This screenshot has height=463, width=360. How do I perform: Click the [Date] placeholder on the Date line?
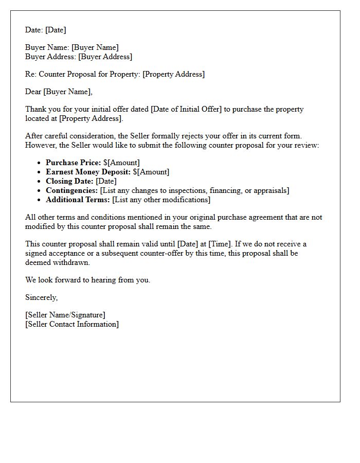(x=56, y=30)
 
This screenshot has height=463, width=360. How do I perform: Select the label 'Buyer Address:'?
(x=50, y=57)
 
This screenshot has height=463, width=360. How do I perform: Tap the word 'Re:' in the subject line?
(x=31, y=74)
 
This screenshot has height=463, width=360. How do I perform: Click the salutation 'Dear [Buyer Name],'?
(x=59, y=92)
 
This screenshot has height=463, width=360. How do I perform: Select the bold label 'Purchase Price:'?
(x=73, y=163)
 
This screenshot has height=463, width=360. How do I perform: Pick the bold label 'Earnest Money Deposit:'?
(x=88, y=172)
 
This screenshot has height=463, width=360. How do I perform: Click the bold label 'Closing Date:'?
(x=69, y=181)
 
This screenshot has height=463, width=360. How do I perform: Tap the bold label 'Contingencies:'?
(x=71, y=190)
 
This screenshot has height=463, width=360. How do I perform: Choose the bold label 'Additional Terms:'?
(x=78, y=200)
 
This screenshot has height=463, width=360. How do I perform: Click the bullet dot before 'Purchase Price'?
(x=39, y=163)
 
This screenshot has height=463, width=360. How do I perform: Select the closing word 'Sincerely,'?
(x=42, y=297)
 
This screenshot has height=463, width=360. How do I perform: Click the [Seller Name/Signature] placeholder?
(x=65, y=315)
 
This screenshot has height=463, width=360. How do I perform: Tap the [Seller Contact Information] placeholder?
(x=72, y=324)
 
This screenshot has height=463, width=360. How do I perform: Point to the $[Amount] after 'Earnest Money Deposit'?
(x=151, y=172)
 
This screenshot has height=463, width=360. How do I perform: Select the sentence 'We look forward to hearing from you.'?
(x=87, y=280)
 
